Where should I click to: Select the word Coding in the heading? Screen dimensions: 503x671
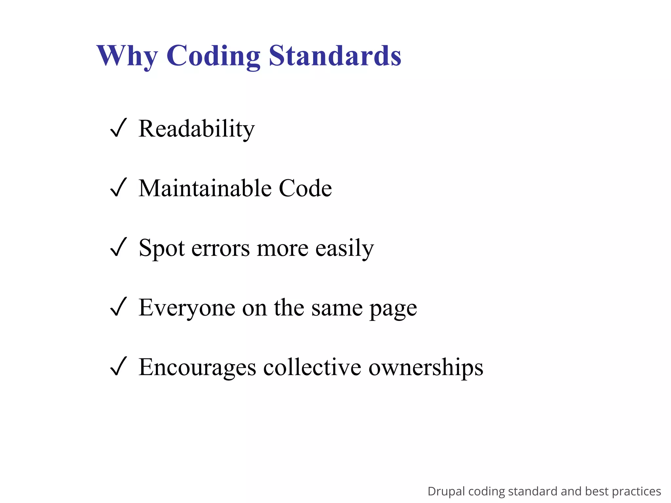pos(213,56)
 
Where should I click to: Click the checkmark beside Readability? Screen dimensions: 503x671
pos(118,128)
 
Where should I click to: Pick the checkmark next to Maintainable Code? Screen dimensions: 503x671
pos(118,188)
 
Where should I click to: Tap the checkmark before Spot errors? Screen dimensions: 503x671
pos(118,247)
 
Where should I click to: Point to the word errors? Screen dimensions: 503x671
pos(220,248)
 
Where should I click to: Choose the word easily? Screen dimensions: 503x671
pos(344,248)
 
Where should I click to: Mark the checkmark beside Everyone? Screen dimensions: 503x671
pos(118,307)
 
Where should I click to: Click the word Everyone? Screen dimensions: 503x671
pos(187,308)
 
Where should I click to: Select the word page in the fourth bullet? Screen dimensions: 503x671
pos(393,309)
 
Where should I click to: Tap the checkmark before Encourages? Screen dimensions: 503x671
pos(118,366)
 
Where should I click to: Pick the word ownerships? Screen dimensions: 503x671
pos(426,368)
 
